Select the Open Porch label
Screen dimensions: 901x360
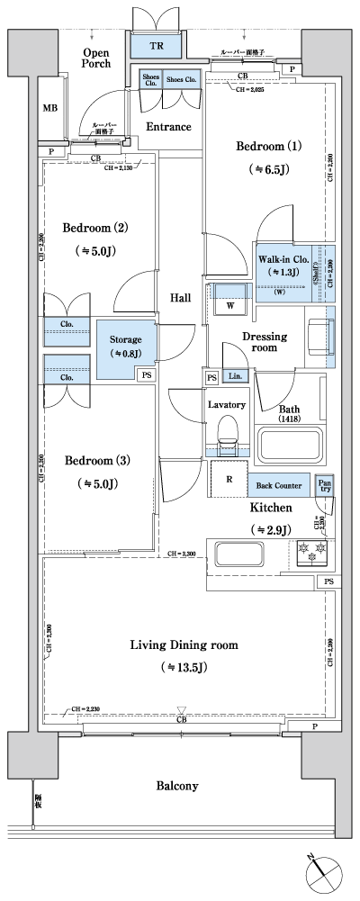pos(96,60)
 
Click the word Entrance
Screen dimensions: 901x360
pos(169,127)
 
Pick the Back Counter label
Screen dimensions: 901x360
pos(278,485)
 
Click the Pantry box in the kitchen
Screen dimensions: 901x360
pos(324,485)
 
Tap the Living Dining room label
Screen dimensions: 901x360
pos(183,644)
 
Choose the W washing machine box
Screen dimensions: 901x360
pos(231,306)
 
